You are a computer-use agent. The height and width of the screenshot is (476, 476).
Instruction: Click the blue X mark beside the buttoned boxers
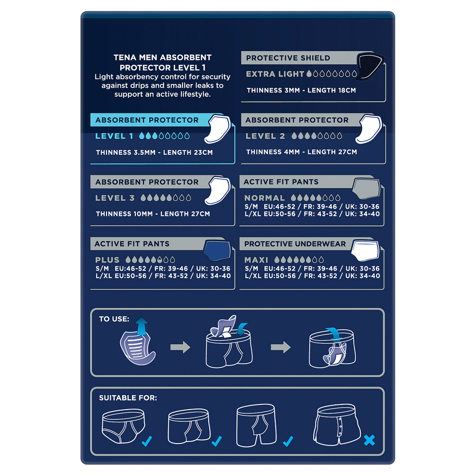[x=369, y=440]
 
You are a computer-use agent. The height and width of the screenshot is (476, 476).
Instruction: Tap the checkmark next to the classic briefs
[x=146, y=441]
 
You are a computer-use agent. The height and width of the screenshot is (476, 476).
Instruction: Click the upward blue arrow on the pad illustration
[x=142, y=326]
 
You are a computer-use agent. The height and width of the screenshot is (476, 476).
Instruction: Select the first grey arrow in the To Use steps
[x=180, y=347]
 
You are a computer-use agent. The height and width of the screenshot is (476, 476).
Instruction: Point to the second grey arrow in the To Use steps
[x=280, y=347]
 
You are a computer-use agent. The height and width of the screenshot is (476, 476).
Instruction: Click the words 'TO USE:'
[x=114, y=319]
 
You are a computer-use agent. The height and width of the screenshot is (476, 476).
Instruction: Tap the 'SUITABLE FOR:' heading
[x=128, y=398]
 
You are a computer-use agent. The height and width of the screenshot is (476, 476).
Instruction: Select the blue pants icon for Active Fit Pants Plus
[x=217, y=251]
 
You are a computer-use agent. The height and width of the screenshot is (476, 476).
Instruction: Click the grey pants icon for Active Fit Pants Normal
[x=366, y=188]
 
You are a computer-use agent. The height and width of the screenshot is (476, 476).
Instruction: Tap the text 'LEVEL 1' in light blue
[x=114, y=136]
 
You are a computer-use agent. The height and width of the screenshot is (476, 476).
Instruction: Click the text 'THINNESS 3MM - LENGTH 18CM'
[x=301, y=90]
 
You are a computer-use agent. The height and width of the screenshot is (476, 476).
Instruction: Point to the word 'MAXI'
[x=256, y=260]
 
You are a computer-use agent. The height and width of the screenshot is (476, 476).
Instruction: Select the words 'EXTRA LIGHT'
[x=275, y=74]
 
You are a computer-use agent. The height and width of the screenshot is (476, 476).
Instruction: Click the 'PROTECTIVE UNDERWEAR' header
[x=295, y=244]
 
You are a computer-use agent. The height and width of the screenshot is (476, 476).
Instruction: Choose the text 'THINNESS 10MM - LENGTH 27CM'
[x=153, y=214]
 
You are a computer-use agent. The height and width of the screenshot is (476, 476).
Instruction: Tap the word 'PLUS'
[x=107, y=260]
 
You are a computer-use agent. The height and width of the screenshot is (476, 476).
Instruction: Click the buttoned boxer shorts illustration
[x=337, y=424]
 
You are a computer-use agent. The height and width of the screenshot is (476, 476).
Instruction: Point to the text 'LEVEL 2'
[x=265, y=136]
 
